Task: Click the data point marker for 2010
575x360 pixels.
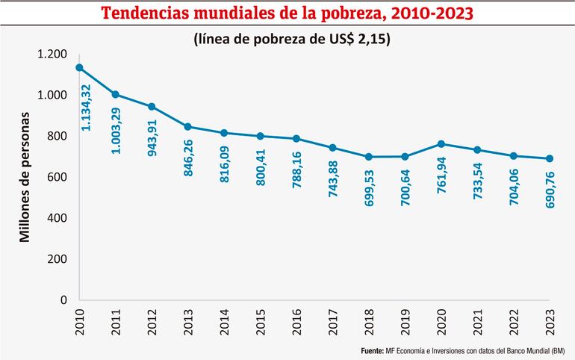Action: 79,68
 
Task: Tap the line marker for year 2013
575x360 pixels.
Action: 188,127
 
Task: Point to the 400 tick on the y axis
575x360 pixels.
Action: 57,218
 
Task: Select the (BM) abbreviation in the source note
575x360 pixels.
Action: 559,350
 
